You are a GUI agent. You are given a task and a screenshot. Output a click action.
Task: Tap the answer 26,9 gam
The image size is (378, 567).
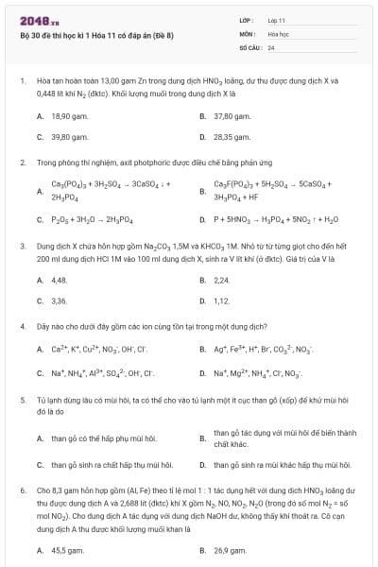[x=229, y=549]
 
